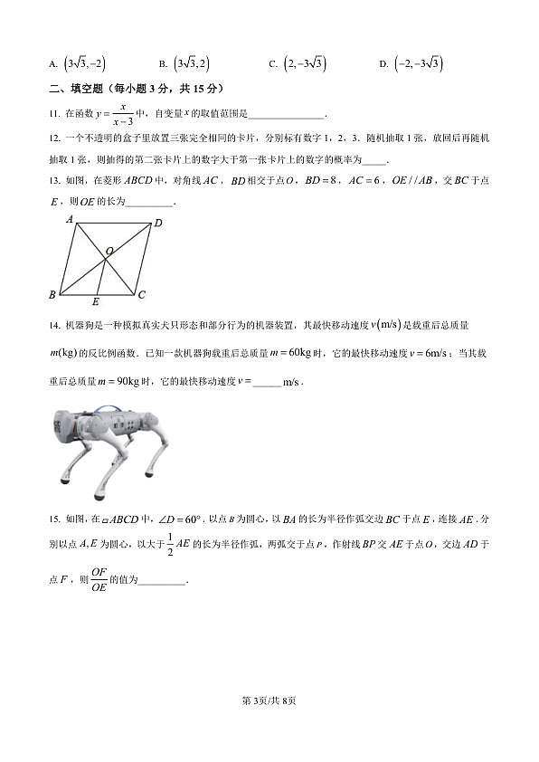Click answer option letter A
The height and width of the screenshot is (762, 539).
click(x=53, y=64)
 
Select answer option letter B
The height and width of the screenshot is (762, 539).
click(x=162, y=64)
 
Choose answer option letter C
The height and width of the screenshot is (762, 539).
click(x=272, y=64)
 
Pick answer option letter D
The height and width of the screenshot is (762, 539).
click(x=383, y=64)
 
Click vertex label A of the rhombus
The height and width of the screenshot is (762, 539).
click(x=70, y=219)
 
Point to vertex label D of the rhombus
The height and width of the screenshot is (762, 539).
click(x=158, y=223)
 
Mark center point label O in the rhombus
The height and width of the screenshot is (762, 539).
click(x=109, y=250)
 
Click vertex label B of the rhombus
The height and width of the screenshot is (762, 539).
click(x=52, y=295)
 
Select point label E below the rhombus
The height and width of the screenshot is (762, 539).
click(x=95, y=301)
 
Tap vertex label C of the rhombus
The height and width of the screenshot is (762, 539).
click(x=141, y=295)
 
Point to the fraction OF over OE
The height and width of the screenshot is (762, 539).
click(x=99, y=579)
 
